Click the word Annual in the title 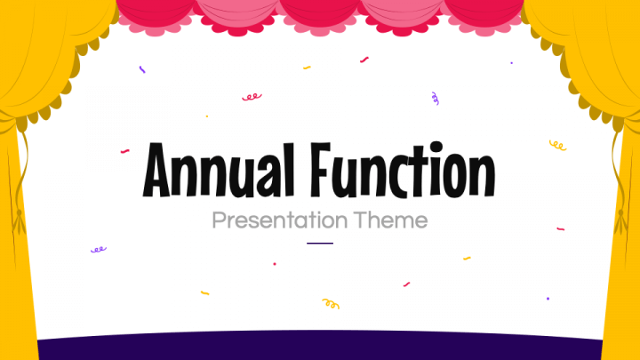tap(219, 170)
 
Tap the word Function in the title tap(403, 170)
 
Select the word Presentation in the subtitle tap(280, 221)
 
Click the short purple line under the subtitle tap(320, 244)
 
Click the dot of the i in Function tap(436, 148)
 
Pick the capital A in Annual tap(156, 171)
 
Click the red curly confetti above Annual tap(252, 97)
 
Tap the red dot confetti tap(275, 264)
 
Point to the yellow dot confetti tap(207, 116)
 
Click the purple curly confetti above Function tap(435, 99)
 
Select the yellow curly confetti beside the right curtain tap(557, 146)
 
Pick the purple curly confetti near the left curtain tap(99, 250)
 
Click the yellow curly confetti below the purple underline tap(331, 304)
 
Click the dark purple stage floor tap(320, 346)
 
